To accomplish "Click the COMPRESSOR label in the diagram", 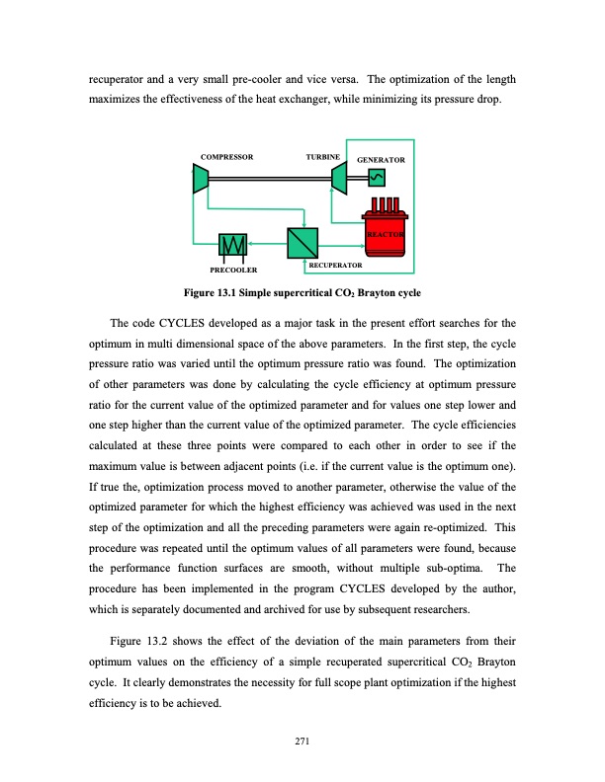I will point(226,157).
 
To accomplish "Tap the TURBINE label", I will point(323,157).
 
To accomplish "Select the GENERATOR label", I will point(381,159).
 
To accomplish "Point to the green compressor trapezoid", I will point(200,179).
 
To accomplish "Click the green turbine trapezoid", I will point(337,179).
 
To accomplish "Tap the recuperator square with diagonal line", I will point(300,241).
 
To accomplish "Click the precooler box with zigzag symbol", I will point(234,244).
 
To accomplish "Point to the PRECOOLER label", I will point(234,269).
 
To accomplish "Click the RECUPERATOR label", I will point(335,267).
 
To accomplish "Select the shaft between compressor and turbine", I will point(268,179).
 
